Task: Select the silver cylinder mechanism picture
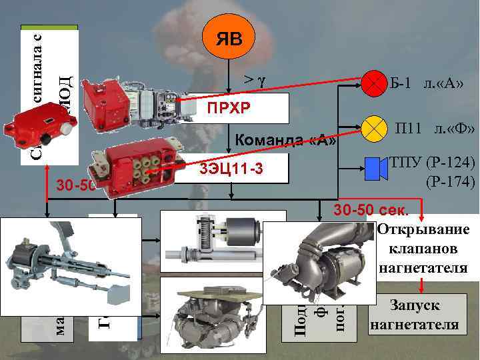click(x=223, y=243)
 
